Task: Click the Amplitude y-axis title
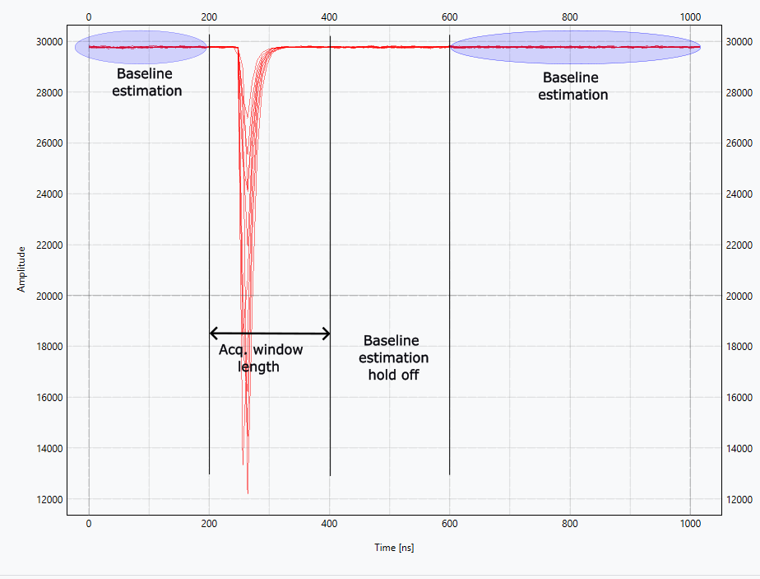21,268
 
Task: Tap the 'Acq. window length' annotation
260,358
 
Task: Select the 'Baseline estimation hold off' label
393,357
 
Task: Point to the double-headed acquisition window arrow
270,334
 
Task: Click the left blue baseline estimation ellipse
141,47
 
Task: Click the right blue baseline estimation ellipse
575,47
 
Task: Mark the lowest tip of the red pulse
248,492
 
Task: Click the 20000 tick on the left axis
46,296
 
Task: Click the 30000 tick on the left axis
46,41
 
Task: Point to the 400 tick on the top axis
329,16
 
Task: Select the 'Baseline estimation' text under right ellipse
573,86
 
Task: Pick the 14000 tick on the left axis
46,448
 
